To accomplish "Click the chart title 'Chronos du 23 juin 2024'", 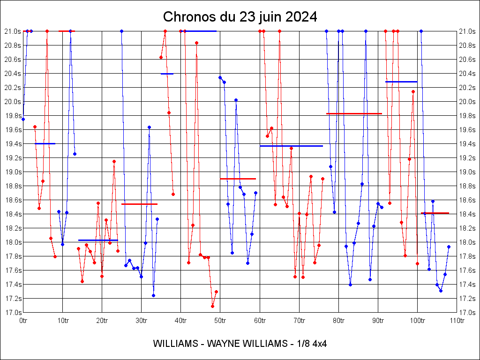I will click(240, 17).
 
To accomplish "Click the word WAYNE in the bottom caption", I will click(222, 344).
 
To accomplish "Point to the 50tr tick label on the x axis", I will click(220, 321).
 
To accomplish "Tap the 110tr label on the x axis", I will click(457, 321).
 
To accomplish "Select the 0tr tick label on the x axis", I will click(23, 321).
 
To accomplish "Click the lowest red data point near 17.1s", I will click(212, 306).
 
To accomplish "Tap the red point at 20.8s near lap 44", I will click(197, 43).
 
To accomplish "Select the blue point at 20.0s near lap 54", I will click(236, 100).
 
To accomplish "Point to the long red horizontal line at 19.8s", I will click(354, 113).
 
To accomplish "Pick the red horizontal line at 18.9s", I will click(238, 179).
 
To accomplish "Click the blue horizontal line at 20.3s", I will click(401, 82).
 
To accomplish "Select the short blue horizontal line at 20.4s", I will click(167, 74).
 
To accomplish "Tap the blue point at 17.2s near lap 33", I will click(153, 295).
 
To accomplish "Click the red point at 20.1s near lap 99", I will click(413, 91).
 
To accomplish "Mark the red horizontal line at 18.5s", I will click(139, 204).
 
